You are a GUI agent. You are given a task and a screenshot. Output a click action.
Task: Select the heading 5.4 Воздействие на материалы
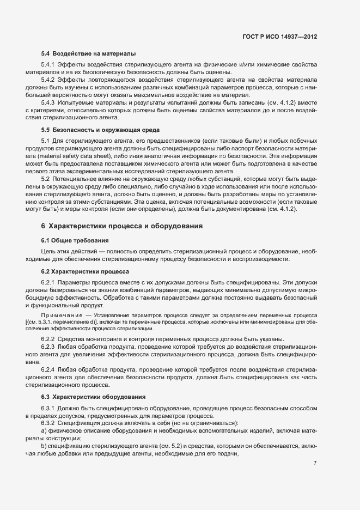point(88,53)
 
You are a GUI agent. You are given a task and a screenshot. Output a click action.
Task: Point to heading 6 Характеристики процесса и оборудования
point(122,226)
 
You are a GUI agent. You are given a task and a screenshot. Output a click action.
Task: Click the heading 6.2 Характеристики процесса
point(85,270)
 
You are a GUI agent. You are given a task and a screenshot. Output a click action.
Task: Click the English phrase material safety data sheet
point(75,154)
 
